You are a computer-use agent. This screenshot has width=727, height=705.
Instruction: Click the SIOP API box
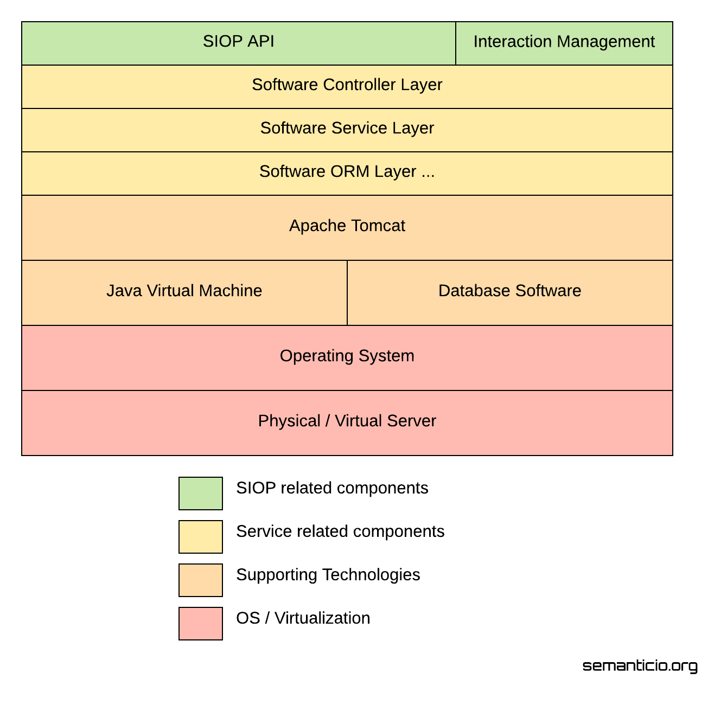point(239,43)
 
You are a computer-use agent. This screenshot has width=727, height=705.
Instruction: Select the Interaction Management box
point(564,43)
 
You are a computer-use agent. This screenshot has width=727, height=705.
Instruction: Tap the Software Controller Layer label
point(347,85)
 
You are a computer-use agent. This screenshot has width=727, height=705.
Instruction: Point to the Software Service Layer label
point(347,128)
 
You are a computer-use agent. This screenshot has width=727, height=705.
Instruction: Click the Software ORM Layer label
point(347,171)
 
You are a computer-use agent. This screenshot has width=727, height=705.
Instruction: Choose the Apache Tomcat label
point(347,226)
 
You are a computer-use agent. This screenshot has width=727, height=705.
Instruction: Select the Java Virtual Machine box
point(184,292)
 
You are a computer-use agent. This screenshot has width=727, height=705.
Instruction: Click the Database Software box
point(510,292)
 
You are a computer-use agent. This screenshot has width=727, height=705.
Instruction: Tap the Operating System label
point(347,356)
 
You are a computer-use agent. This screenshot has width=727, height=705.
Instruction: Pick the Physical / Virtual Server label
point(347,421)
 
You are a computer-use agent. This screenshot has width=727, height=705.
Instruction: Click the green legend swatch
point(201,493)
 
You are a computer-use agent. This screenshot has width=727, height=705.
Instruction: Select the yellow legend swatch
point(201,537)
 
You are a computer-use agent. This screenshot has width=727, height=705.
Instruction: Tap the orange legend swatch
point(201,580)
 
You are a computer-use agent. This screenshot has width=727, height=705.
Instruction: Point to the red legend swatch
point(201,624)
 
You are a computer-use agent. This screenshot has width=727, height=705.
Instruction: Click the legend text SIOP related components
point(332,488)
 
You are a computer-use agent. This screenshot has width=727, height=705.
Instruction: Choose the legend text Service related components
point(340,531)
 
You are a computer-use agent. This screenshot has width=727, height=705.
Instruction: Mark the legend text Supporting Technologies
point(328,575)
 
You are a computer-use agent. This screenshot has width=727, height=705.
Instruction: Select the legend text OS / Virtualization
point(303,618)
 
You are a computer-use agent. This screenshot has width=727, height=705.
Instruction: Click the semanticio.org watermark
point(640,666)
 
